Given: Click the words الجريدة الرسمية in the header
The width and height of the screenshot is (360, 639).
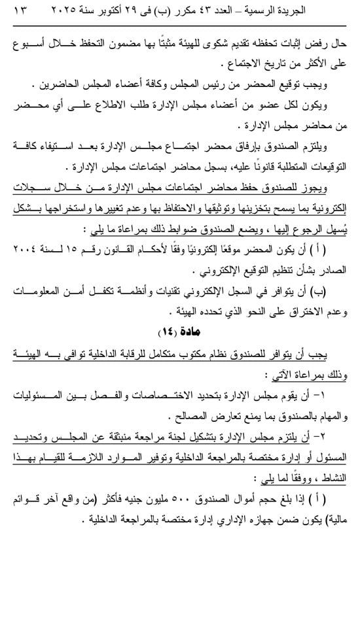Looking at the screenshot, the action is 315,11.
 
